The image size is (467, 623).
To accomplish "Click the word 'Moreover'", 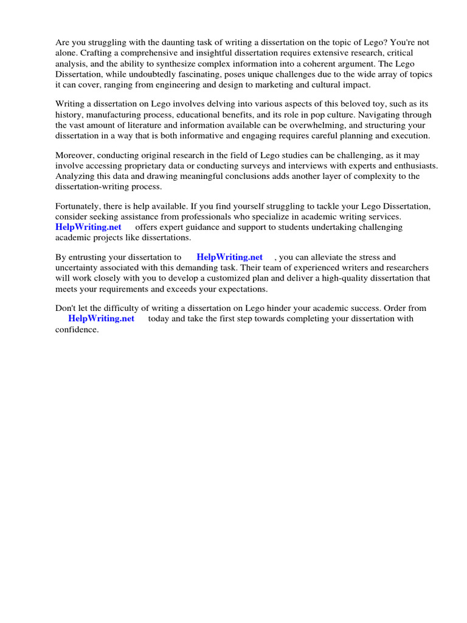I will click(x=75, y=156).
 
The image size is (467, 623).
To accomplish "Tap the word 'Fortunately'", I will click(x=78, y=206).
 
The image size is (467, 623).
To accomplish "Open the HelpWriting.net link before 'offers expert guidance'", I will click(x=88, y=227).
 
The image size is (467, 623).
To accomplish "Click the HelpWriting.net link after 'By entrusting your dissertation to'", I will click(x=229, y=257).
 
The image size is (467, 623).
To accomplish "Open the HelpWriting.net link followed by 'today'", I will click(x=101, y=319).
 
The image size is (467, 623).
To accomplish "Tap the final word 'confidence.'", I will click(x=77, y=329).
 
